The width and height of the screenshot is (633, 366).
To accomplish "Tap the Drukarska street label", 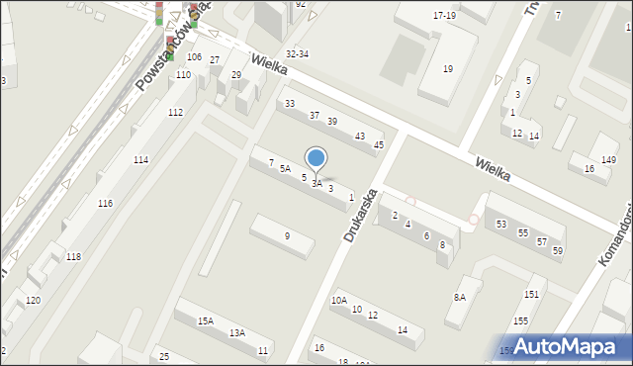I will [362, 216].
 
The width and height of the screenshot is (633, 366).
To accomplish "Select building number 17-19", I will [444, 16].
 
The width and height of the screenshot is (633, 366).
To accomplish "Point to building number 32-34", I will [297, 53].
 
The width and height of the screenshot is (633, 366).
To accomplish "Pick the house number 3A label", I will [316, 184].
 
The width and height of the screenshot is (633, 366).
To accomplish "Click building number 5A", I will [285, 169].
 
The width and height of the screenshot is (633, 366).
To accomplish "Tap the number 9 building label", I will [287, 235].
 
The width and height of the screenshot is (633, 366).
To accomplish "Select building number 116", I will [105, 203].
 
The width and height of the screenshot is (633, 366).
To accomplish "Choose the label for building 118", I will [73, 257].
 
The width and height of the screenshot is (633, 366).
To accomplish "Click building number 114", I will [141, 160].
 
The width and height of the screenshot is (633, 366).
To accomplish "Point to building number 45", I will [378, 145].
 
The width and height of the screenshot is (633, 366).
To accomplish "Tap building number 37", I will [315, 116].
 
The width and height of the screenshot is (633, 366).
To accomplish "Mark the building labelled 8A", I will [460, 297].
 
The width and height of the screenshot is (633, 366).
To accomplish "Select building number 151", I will [531, 294].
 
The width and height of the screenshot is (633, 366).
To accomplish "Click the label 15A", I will [205, 320].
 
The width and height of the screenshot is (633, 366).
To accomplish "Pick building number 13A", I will [237, 333].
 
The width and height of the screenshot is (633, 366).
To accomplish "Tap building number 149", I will [609, 160].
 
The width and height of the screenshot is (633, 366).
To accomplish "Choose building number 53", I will [500, 225].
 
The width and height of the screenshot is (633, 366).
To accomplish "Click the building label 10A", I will [339, 300].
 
